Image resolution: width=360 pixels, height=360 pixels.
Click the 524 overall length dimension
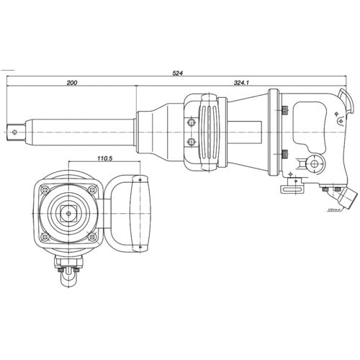point(177,73)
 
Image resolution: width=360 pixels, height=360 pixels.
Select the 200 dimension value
point(71,84)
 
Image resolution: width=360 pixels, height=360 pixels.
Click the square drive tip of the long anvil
point(14,131)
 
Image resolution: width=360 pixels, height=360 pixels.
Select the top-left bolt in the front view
point(45,190)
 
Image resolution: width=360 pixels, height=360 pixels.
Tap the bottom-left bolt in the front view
point(45,237)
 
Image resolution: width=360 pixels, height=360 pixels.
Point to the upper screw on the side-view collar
point(192,120)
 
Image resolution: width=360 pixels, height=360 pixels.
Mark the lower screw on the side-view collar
point(192,142)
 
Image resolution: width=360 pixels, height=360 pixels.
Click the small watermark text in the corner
point(344,210)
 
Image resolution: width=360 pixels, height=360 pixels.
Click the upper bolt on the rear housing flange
point(285,110)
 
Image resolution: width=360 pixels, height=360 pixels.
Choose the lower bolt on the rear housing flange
point(285,153)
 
